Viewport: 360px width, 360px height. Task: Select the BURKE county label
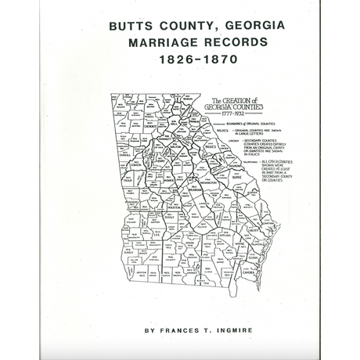237,178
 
